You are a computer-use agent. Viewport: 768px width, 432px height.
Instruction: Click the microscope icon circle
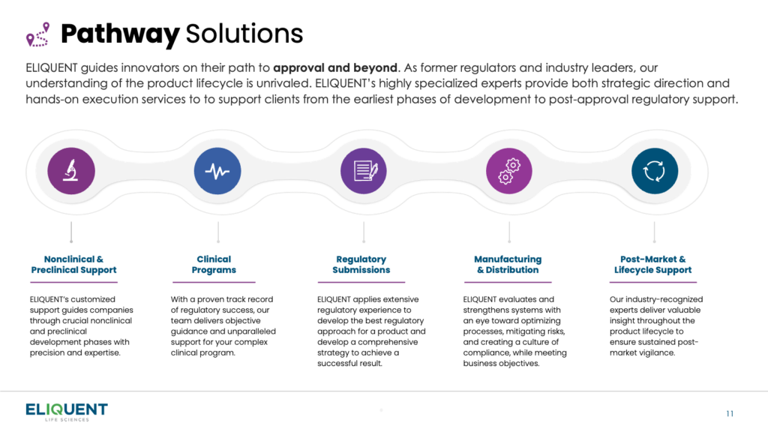pyautogui.click(x=71, y=171)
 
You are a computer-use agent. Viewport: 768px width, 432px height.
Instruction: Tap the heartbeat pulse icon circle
pyautogui.click(x=217, y=171)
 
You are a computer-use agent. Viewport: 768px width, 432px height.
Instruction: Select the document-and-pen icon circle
pyautogui.click(x=364, y=171)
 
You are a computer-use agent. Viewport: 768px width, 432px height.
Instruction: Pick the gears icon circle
pyautogui.click(x=509, y=171)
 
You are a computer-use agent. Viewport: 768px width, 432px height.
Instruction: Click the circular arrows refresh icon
pyautogui.click(x=655, y=171)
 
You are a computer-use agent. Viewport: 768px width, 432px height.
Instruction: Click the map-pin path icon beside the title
pyautogui.click(x=38, y=34)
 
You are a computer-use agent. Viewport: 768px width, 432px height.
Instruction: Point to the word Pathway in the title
pyautogui.click(x=120, y=34)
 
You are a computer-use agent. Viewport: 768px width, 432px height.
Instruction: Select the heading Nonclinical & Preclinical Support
pyautogui.click(x=74, y=265)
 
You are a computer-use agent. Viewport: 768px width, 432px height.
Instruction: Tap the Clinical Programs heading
pyautogui.click(x=214, y=265)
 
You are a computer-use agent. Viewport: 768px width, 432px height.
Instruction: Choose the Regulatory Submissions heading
pyautogui.click(x=361, y=265)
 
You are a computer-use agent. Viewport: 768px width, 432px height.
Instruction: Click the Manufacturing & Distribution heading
pyautogui.click(x=508, y=265)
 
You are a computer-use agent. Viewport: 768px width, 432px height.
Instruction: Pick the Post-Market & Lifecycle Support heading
pyautogui.click(x=653, y=265)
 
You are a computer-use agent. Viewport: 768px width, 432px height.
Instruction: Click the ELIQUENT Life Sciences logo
pyautogui.click(x=67, y=412)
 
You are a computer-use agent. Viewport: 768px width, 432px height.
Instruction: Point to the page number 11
pyautogui.click(x=730, y=414)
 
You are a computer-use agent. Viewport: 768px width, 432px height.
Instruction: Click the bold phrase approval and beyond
pyautogui.click(x=335, y=67)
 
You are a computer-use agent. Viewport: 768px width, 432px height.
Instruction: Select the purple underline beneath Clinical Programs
pyautogui.click(x=214, y=282)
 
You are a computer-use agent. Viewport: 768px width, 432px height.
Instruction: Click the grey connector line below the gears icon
pyautogui.click(x=509, y=232)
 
